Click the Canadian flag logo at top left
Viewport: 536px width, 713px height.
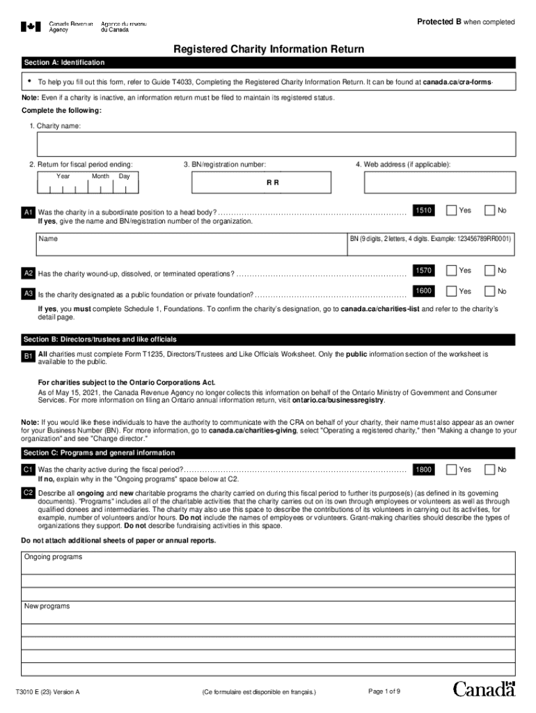pyautogui.click(x=31, y=26)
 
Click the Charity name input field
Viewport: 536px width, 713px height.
pyautogui.click(x=276, y=144)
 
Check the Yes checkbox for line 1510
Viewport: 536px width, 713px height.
pyautogui.click(x=452, y=210)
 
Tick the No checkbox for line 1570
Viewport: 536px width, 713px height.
pyautogui.click(x=490, y=270)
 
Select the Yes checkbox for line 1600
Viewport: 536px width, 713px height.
pyautogui.click(x=452, y=291)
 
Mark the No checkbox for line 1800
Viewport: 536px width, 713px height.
pyautogui.click(x=490, y=470)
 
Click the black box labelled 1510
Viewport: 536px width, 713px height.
pyautogui.click(x=424, y=210)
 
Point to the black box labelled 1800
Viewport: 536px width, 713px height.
pyautogui.click(x=424, y=470)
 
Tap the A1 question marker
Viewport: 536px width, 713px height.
pyautogui.click(x=29, y=212)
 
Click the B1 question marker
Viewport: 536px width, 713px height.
pyautogui.click(x=29, y=356)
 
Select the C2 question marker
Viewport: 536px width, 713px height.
pyautogui.click(x=29, y=493)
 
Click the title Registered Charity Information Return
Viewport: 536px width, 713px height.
pyautogui.click(x=268, y=49)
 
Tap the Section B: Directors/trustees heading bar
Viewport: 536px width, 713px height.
pyautogui.click(x=268, y=339)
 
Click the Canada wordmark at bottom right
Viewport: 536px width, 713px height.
pyautogui.click(x=484, y=689)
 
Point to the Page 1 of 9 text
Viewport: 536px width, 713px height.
pyautogui.click(x=384, y=691)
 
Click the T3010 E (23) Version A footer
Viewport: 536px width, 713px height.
pyautogui.click(x=48, y=692)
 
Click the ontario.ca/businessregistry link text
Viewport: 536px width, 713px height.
pyautogui.click(x=338, y=400)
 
